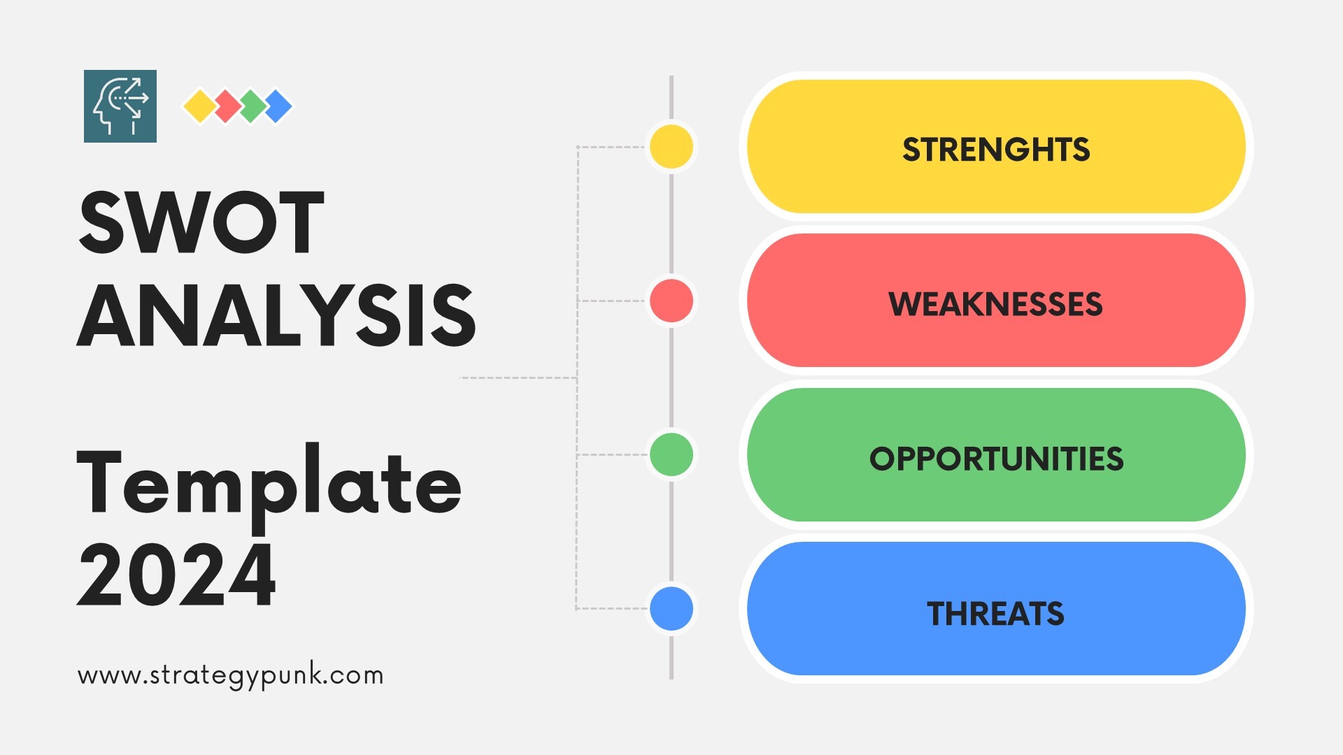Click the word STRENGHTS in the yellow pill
tap(996, 150)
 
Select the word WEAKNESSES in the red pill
tap(995, 304)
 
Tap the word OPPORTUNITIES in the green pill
tap(996, 459)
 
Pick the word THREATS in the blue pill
tap(995, 614)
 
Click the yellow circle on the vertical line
tap(671, 146)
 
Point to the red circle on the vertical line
tap(671, 301)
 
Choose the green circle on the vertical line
tap(671, 454)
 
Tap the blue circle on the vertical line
tap(671, 608)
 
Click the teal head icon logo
tap(120, 106)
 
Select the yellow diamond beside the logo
tap(200, 106)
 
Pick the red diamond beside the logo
tap(227, 106)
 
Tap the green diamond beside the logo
tap(253, 106)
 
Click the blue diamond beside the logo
tap(278, 106)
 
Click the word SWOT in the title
tap(201, 222)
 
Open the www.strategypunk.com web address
tap(231, 676)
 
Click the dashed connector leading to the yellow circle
tap(612, 147)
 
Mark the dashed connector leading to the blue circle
tap(612, 608)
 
